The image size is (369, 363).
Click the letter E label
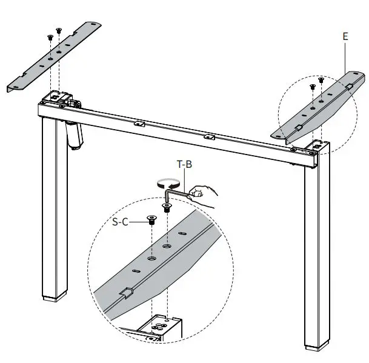click(x=345, y=36)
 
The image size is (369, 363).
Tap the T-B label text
click(x=185, y=164)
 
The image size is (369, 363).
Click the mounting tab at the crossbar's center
click(x=208, y=136)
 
